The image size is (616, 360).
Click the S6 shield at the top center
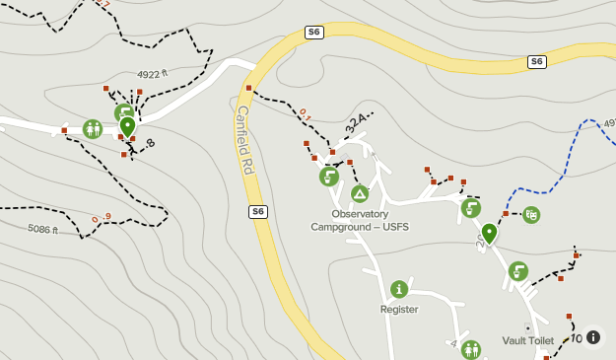pos(314,33)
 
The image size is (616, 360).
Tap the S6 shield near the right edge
pos(536,61)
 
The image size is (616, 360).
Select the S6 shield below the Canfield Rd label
pos(257,211)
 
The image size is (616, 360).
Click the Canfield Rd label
pos(245,141)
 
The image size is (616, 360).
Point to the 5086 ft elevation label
pos(42,229)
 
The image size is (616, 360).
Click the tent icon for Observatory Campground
pos(359,193)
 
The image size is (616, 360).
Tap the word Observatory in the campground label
pos(360,213)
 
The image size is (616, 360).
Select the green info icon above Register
pos(399,289)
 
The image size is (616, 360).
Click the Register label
pos(399,309)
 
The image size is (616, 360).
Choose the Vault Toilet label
pos(529,340)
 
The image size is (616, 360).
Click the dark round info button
pos(593,337)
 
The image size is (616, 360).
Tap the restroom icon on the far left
pos(93,128)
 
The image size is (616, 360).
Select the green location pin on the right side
pos(489,234)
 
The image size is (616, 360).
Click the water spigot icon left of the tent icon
pos(329,177)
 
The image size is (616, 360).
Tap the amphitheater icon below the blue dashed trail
pos(531,214)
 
